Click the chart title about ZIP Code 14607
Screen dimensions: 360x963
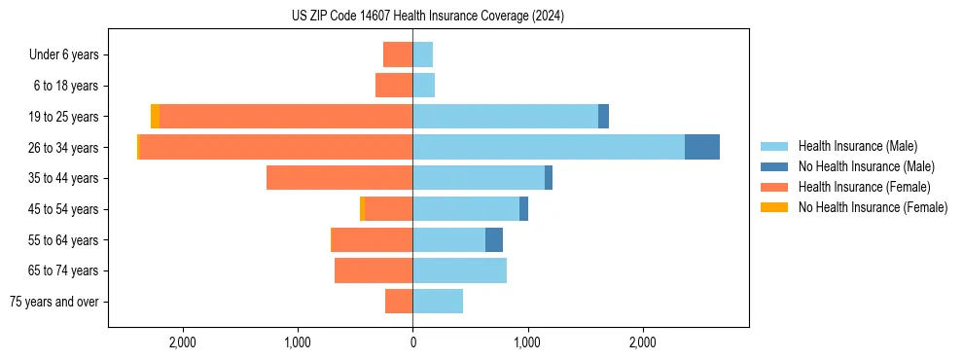point(428,16)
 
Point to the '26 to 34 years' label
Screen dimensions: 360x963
point(64,148)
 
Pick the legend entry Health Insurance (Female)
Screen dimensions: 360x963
point(864,187)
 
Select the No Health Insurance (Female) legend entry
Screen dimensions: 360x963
point(873,207)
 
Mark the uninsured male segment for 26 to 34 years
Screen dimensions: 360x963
point(702,147)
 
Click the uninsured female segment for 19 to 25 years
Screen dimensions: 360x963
point(155,117)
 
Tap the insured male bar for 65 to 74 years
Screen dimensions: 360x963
point(459,270)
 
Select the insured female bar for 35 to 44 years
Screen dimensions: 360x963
point(339,178)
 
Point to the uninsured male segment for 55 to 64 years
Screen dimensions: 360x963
point(494,239)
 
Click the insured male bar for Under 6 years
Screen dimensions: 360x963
point(422,54)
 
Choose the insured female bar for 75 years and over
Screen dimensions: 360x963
point(399,302)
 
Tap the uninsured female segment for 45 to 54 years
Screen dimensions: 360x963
point(362,209)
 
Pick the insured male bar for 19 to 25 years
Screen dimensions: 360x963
point(505,117)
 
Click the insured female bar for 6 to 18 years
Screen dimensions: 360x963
point(394,86)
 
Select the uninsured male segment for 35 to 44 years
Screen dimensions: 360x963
point(549,178)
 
